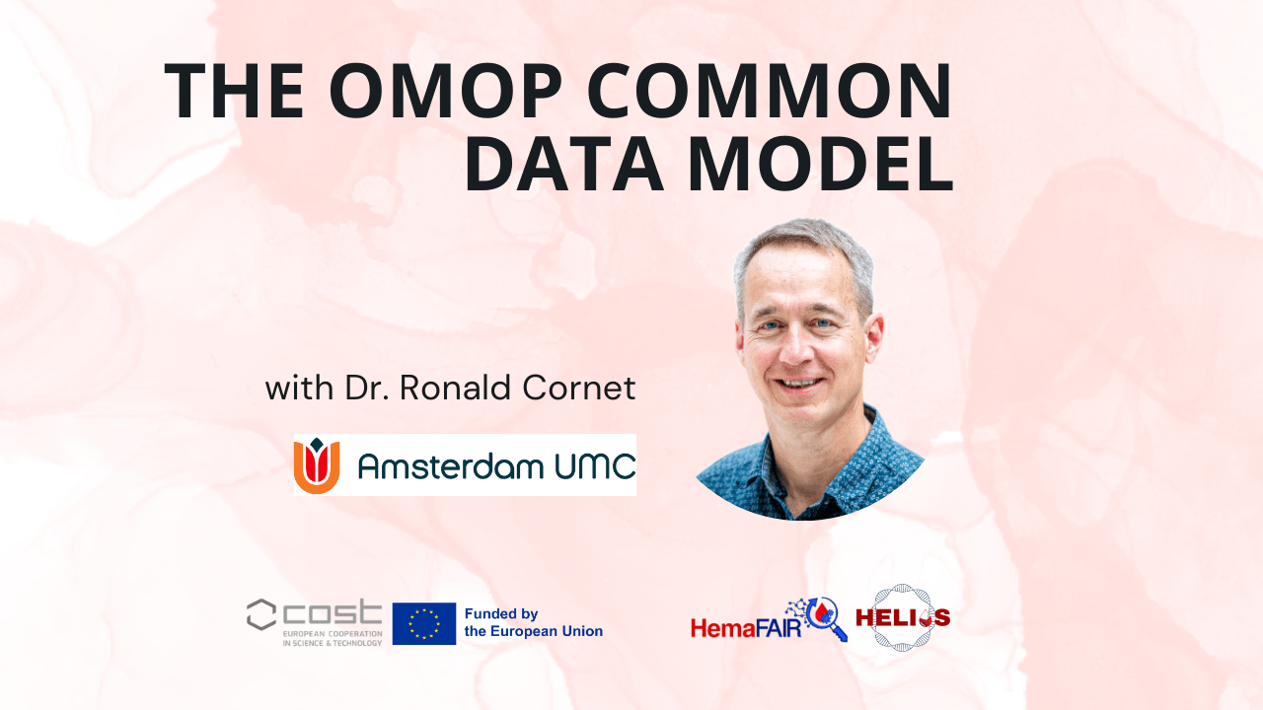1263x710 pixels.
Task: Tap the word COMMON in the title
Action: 771,91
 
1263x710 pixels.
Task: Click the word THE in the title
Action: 234,91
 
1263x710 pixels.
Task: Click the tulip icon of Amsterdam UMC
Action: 317,465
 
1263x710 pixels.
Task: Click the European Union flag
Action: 423,623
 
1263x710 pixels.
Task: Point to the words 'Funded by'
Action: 500,613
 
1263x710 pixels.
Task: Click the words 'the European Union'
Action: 533,631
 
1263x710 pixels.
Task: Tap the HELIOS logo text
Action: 903,618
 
